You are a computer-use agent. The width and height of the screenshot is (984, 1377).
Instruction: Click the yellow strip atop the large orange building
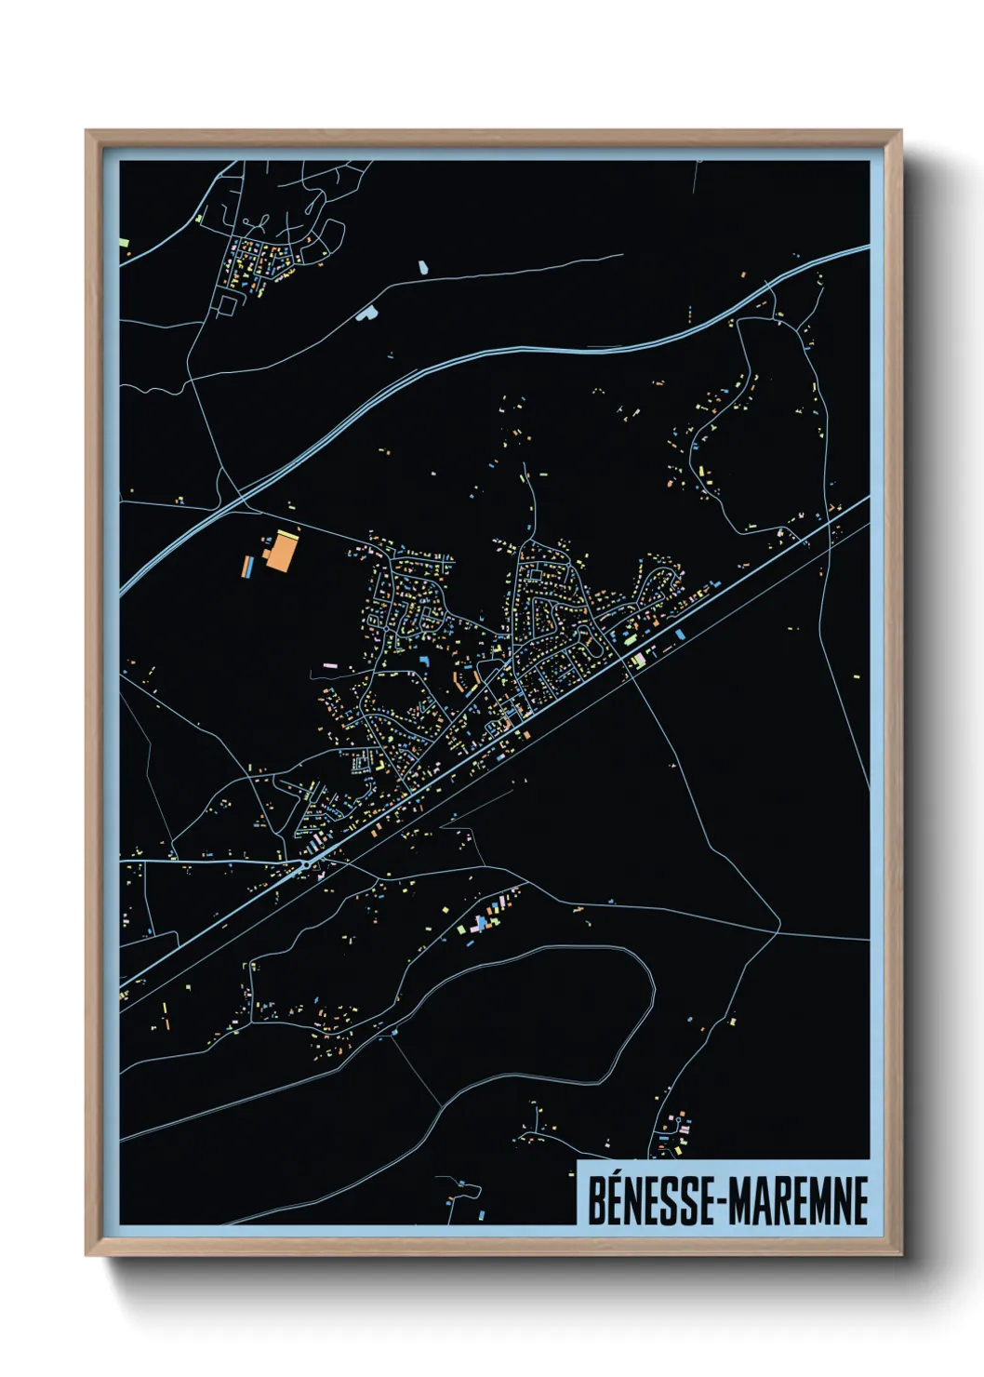coord(286,533)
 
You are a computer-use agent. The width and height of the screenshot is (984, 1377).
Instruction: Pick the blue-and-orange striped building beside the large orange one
coord(248,566)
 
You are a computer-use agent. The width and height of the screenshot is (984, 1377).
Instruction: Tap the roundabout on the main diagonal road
coord(305,865)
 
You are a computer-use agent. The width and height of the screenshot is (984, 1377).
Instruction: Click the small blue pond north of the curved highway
coord(423,267)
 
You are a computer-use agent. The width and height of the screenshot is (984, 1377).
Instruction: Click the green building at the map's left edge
coord(124,244)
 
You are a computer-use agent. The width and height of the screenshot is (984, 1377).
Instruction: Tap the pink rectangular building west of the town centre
coord(329,666)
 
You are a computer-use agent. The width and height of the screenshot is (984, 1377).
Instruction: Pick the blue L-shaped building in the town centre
coord(424,660)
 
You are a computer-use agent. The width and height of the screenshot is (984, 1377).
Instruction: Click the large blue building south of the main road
coord(680,635)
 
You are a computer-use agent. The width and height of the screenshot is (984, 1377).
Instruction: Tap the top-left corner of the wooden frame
coord(86,131)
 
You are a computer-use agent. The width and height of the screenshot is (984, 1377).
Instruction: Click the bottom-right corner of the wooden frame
coord(901,1255)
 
